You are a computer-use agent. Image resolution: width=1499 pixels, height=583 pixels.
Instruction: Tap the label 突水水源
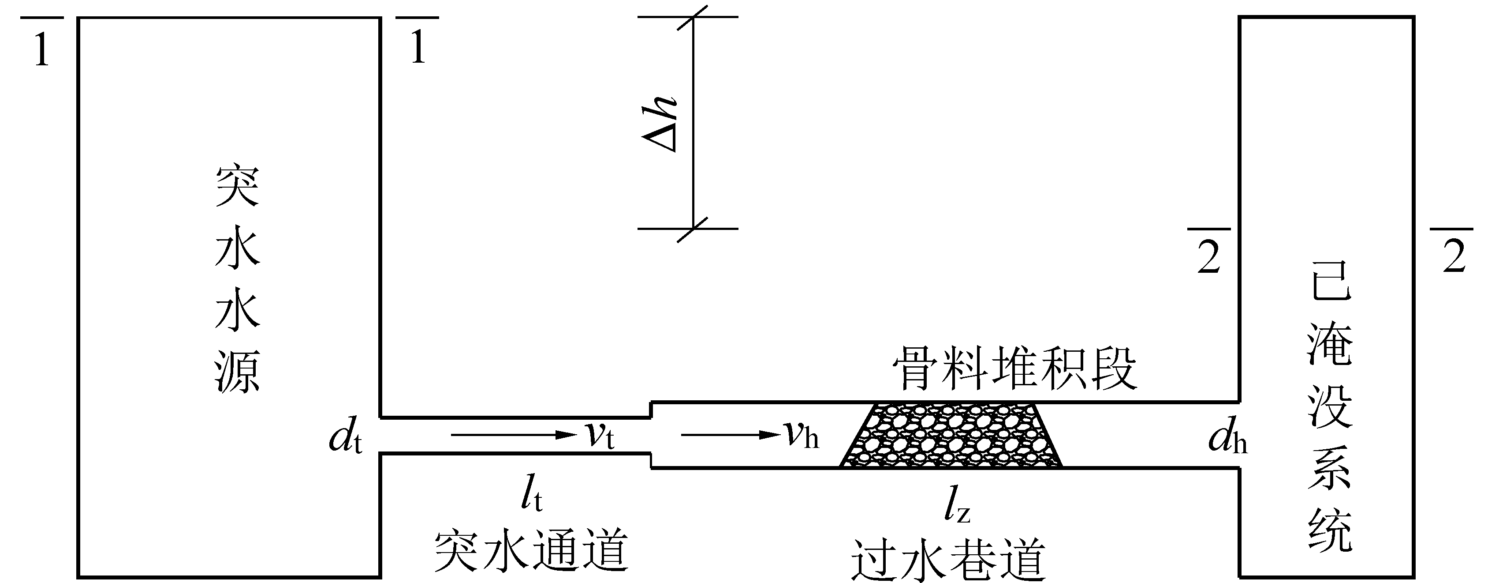point(237,280)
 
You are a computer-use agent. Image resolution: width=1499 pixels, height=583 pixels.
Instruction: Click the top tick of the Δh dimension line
point(693,17)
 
